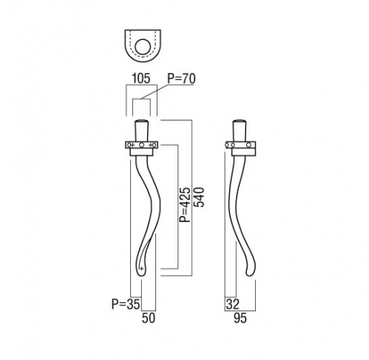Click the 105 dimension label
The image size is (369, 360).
click(x=141, y=78)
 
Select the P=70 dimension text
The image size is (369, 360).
click(x=181, y=78)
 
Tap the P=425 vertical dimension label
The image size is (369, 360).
click(x=185, y=205)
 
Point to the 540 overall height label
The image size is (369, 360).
click(x=199, y=197)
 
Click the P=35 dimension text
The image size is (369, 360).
click(x=126, y=304)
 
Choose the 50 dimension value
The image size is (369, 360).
click(x=149, y=318)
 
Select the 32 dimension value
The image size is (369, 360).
click(x=232, y=305)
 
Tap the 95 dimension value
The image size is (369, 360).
click(x=240, y=318)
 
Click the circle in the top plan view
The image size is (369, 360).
click(x=143, y=47)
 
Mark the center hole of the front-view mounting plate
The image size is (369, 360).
click(x=141, y=145)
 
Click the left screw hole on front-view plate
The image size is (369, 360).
click(x=129, y=145)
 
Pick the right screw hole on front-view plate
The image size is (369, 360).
click(x=154, y=145)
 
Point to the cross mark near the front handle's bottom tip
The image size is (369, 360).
click(x=141, y=268)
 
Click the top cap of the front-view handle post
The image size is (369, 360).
click(x=141, y=121)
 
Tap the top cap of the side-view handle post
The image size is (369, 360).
click(x=240, y=121)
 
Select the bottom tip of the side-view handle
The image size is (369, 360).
click(x=251, y=274)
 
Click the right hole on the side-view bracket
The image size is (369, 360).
click(x=248, y=145)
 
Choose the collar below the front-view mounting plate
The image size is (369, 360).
click(x=141, y=152)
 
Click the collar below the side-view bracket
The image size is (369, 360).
click(x=243, y=152)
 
